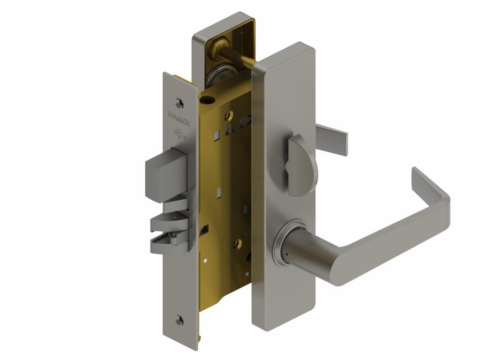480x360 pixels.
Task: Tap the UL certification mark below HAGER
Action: coord(180,134)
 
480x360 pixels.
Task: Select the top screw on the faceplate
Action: coord(178,101)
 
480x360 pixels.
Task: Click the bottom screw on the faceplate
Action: coord(179,320)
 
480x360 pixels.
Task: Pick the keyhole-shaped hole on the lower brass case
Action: coord(239,243)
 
